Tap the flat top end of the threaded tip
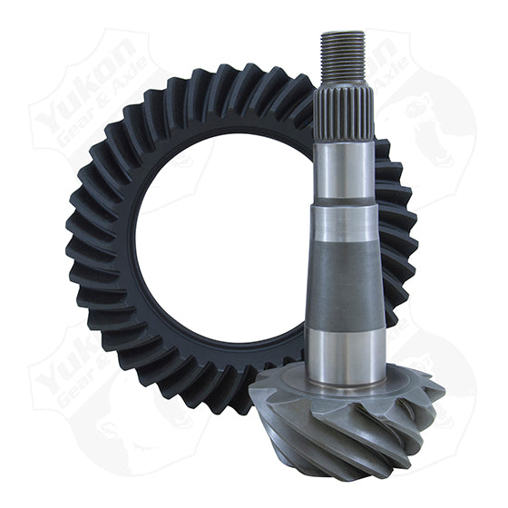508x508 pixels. coord(343,34)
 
